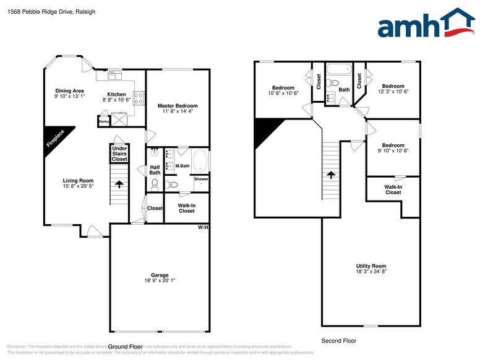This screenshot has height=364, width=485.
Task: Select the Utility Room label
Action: (x=371, y=266)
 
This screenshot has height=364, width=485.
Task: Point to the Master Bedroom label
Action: (x=177, y=106)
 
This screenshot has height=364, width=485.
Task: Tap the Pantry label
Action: (x=103, y=122)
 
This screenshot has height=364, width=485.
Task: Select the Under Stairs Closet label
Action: (x=119, y=154)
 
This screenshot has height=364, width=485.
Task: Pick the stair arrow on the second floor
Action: (x=331, y=176)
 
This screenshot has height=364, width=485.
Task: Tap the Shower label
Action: (x=202, y=180)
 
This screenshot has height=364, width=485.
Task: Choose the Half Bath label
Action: (x=155, y=170)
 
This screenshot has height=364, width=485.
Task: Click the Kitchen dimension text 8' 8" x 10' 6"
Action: (x=116, y=100)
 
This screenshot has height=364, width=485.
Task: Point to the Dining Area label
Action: (x=68, y=90)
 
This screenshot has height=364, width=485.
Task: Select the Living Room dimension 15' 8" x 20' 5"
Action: (x=78, y=186)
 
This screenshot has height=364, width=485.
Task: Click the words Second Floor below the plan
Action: (x=338, y=341)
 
